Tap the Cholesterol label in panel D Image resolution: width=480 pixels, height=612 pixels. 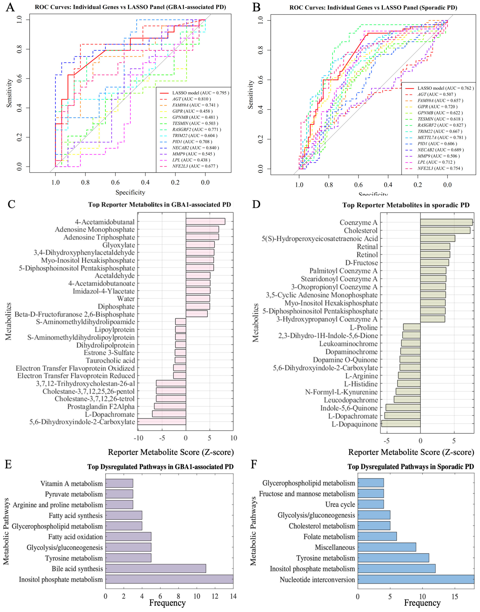[x=361, y=231]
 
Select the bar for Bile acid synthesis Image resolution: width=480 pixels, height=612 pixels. [x=155, y=568]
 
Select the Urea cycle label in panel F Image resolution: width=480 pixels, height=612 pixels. [x=340, y=504]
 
